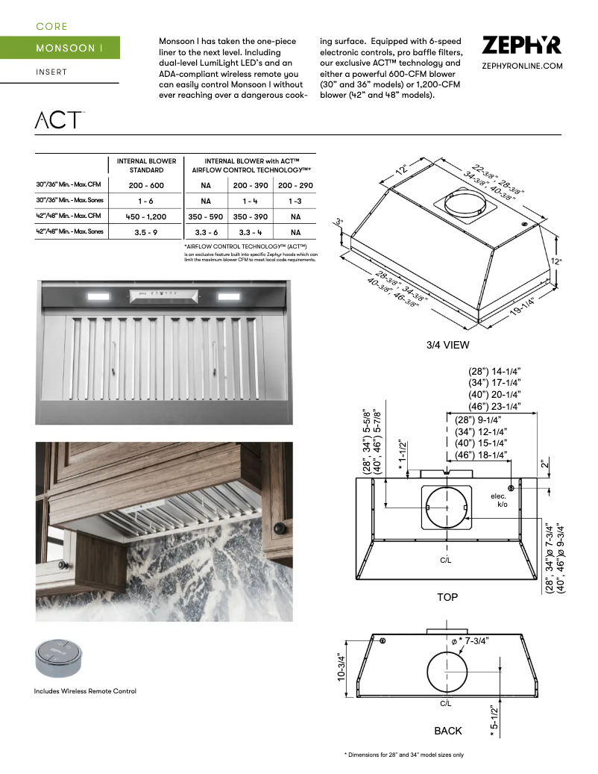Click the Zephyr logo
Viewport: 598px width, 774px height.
pos(521,46)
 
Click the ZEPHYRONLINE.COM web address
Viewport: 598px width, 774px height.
pos(521,66)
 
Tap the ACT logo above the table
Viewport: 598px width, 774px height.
pos(59,119)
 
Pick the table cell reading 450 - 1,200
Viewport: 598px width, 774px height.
pos(146,216)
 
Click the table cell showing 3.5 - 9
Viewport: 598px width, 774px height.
pos(146,233)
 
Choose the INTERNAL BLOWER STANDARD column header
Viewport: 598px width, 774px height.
pos(146,165)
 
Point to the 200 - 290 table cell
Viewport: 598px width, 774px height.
pos(295,184)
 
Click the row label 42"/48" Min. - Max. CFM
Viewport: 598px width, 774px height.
pos(71,216)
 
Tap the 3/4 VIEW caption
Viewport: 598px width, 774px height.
pos(447,345)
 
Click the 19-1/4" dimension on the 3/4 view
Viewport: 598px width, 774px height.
pos(526,308)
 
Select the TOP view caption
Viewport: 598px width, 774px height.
pos(447,597)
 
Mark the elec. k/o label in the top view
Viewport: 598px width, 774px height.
pos(499,501)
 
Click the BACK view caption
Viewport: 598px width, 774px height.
pos(448,731)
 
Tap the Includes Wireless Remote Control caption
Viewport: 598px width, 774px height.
pos(85,691)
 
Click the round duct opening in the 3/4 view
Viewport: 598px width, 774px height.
pos(465,206)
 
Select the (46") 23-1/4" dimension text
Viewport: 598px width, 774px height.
pos(494,407)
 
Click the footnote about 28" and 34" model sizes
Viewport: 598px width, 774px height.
pos(403,755)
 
